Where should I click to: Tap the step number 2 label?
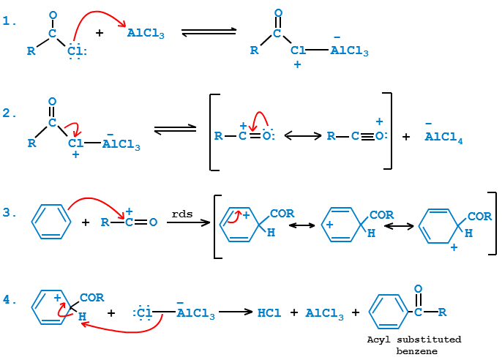tap(9, 113)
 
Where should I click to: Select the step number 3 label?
tap(9, 213)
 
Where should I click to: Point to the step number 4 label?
tap(9, 300)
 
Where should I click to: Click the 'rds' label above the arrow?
tap(181, 213)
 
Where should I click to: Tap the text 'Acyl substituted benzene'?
tap(414, 345)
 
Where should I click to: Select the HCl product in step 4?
tap(269, 313)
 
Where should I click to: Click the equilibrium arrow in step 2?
tap(175, 130)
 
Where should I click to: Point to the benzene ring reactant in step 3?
tap(49, 220)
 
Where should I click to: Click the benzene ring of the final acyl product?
tap(386, 312)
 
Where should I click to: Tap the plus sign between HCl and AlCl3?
tap(293, 313)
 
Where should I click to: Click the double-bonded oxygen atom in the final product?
tap(418, 289)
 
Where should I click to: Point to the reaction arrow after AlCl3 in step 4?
tap(236, 312)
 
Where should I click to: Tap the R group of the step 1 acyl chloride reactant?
tap(30, 51)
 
